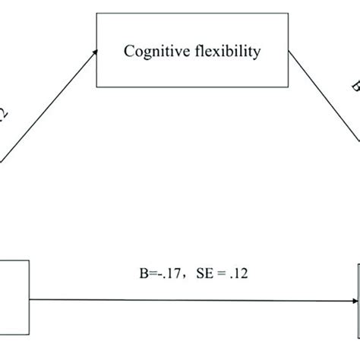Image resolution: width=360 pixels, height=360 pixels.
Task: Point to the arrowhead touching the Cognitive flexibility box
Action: [95, 51]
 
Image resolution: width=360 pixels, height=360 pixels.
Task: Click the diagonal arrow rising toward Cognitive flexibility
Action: [46, 107]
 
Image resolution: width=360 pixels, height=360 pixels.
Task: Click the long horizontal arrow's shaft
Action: [190, 299]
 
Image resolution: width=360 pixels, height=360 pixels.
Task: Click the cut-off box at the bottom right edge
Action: [357, 285]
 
